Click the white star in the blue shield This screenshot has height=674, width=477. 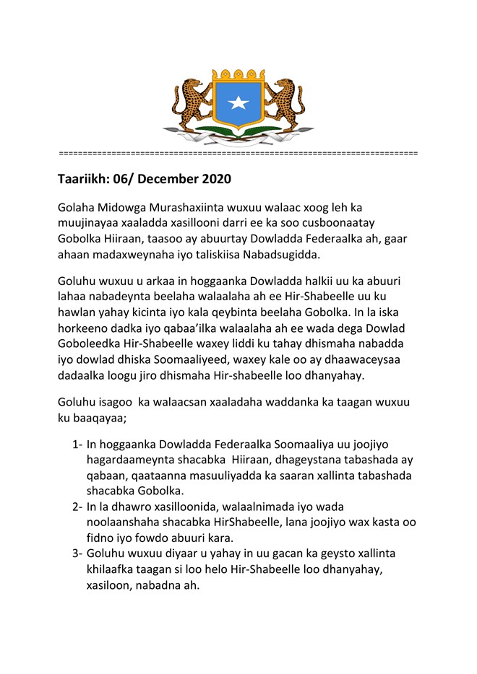click(238, 103)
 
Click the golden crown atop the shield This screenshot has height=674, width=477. click(238, 75)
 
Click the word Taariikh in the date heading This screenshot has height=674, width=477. click(85, 178)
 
